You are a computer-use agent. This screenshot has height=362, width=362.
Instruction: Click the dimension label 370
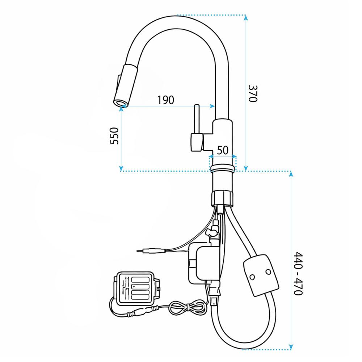tap(253, 93)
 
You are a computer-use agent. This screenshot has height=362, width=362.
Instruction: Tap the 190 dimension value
tap(165, 100)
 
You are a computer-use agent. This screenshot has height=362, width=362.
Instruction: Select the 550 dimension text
tap(114, 136)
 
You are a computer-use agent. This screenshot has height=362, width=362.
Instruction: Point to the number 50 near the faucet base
tap(223, 150)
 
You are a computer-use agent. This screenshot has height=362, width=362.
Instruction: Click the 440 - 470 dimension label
tap(298, 273)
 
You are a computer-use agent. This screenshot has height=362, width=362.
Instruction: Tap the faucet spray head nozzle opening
tap(120, 103)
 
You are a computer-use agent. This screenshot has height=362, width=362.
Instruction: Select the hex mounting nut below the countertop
tap(222, 198)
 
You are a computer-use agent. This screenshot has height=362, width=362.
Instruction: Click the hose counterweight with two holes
tap(261, 275)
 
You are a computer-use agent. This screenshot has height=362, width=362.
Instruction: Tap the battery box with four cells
tap(137, 289)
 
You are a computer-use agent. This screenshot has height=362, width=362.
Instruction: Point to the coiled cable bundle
tap(188, 307)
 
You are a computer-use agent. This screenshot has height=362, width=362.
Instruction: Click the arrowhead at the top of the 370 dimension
tap(246, 17)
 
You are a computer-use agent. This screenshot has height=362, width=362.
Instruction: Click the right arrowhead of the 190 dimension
tap(212, 106)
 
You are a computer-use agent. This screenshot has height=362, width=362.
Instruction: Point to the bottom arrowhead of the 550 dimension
tap(121, 169)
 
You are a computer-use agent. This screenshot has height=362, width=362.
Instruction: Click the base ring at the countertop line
tap(222, 168)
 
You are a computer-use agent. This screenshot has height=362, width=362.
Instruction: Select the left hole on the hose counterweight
tap(252, 277)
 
